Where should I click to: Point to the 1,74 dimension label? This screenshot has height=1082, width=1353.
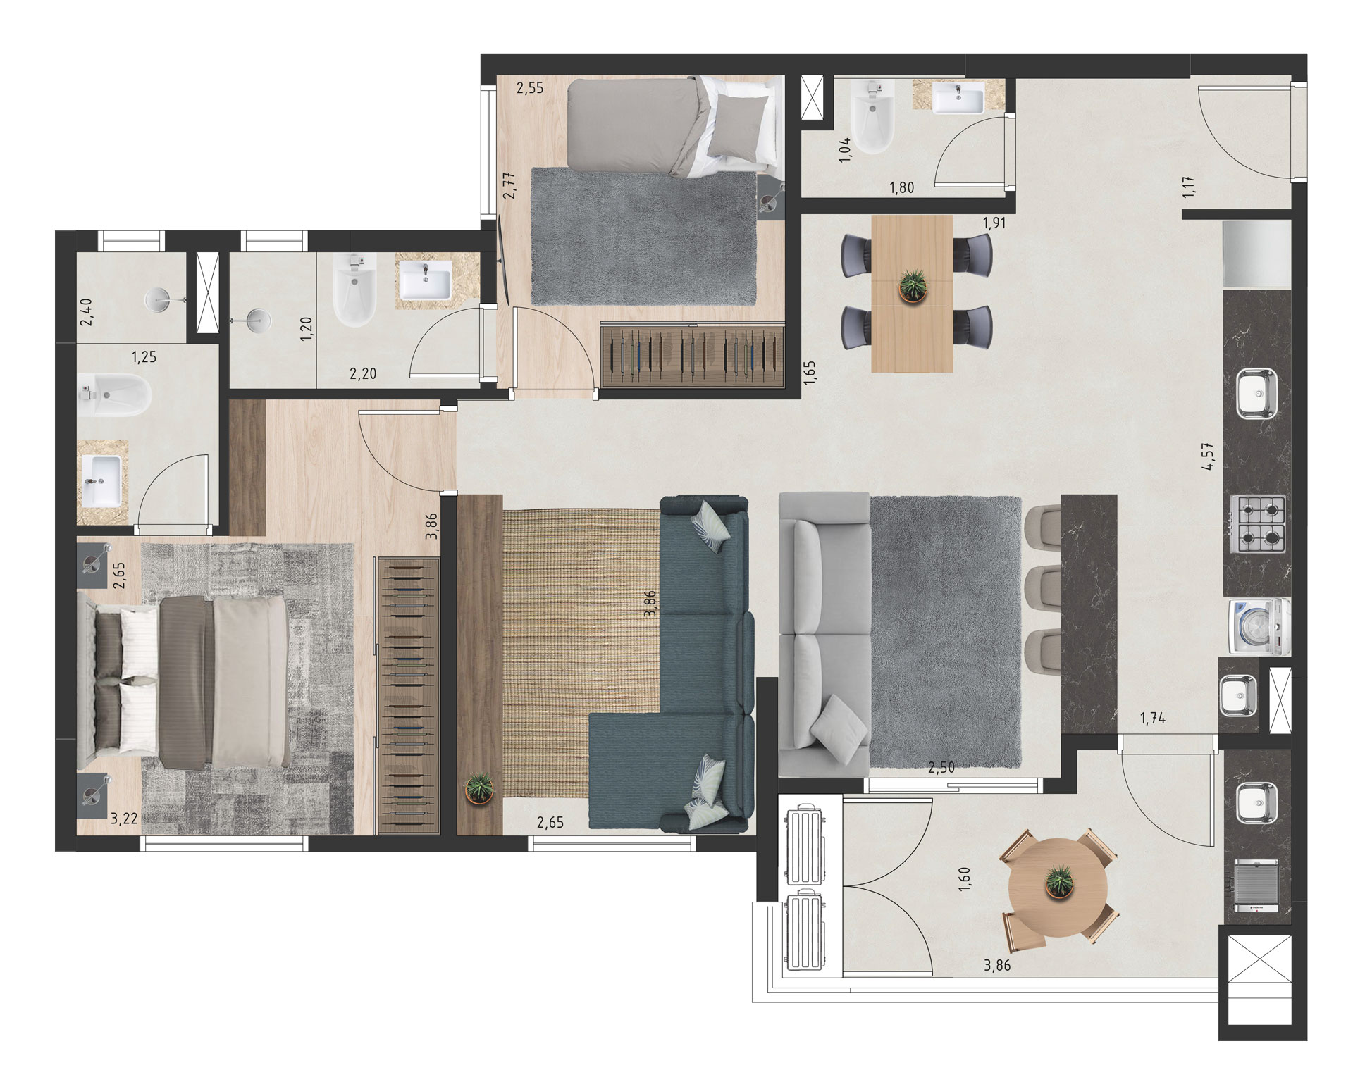pyautogui.click(x=1152, y=719)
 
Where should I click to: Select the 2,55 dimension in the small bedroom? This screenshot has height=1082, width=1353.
pyautogui.click(x=530, y=89)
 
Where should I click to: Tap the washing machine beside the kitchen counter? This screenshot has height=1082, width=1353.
pyautogui.click(x=1259, y=627)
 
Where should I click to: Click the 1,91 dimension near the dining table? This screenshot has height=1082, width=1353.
pyautogui.click(x=994, y=223)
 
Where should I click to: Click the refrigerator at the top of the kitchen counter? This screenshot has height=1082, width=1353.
pyautogui.click(x=1257, y=254)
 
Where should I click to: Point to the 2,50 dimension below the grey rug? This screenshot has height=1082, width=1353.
pyautogui.click(x=941, y=768)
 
